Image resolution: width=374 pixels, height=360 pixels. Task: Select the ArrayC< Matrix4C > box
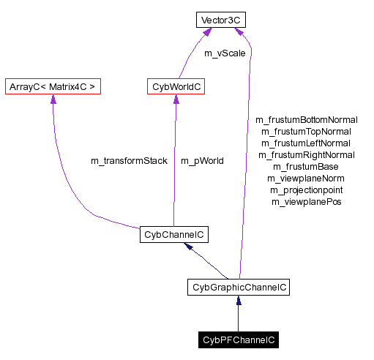coord(52,87)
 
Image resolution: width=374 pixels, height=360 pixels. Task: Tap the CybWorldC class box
coord(175,87)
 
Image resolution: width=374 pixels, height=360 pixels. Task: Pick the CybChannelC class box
coord(174,235)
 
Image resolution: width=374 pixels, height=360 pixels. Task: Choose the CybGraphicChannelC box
coord(238,288)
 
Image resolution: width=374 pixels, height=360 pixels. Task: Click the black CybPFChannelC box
coord(238,340)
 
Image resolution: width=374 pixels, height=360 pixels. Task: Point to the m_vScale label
coord(224,53)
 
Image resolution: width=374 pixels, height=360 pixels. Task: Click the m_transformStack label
coord(129,160)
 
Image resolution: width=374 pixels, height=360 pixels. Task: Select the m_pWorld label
coord(202,160)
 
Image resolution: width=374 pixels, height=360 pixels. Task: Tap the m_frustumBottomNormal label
coord(306,119)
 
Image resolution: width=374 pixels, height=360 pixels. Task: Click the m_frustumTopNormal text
coord(306,131)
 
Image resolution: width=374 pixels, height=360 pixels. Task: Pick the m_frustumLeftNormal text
coord(306,143)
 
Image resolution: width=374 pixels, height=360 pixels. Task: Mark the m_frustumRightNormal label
coord(306,154)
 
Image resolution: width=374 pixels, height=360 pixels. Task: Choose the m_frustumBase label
coord(306,166)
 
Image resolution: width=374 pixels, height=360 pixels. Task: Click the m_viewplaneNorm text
coord(306,178)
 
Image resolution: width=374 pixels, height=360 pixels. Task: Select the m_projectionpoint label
coord(306,190)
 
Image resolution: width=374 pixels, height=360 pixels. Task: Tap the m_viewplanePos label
coord(306,201)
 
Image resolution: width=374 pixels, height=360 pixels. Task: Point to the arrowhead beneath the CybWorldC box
coord(176,100)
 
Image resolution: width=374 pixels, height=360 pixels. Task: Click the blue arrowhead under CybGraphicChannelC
coord(238,301)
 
